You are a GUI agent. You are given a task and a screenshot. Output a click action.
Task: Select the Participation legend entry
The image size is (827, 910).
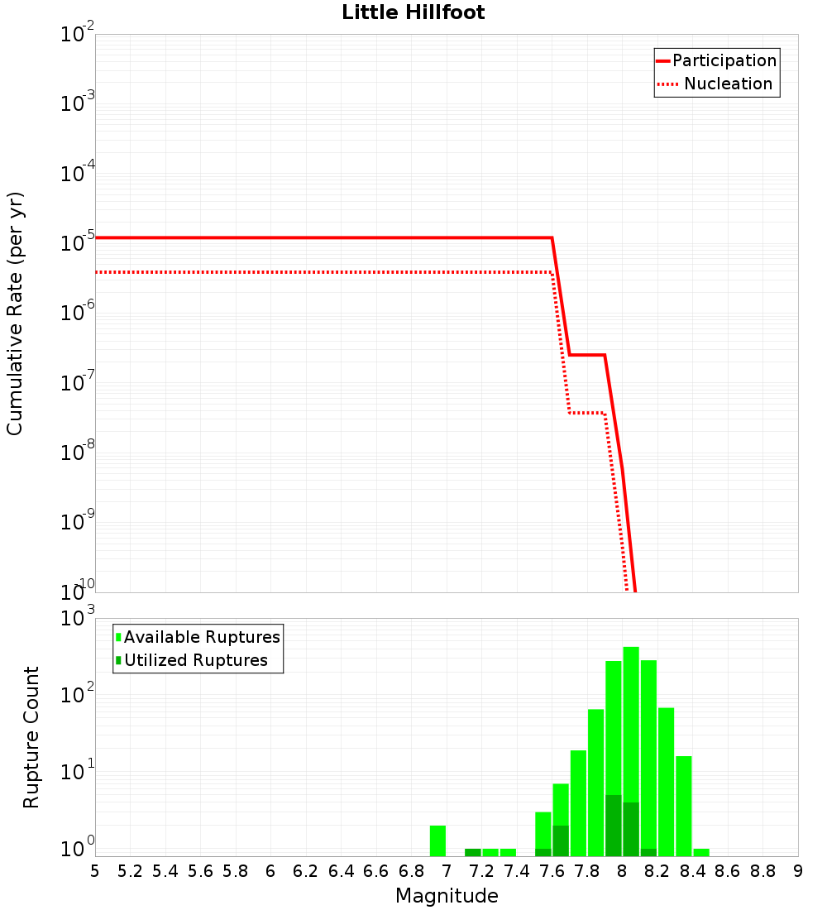pyautogui.click(x=724, y=60)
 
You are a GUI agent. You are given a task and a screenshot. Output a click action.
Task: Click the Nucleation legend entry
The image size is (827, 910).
pyautogui.click(x=727, y=84)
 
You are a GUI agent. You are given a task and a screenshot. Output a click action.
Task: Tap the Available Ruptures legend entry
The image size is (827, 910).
pyautogui.click(x=202, y=637)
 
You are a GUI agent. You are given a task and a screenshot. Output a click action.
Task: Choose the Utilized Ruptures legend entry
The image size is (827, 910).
pyautogui.click(x=195, y=660)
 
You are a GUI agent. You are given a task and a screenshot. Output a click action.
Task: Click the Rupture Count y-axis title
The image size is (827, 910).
pyautogui.click(x=31, y=737)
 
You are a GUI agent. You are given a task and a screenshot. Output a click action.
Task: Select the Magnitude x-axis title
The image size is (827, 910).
pyautogui.click(x=447, y=896)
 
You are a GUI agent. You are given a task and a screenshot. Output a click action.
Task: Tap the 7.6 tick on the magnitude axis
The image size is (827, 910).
pyautogui.click(x=552, y=871)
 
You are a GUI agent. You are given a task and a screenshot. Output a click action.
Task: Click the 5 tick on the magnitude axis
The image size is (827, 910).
pyautogui.click(x=95, y=871)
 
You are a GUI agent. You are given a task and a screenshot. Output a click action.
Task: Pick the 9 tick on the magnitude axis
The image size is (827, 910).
pyautogui.click(x=798, y=871)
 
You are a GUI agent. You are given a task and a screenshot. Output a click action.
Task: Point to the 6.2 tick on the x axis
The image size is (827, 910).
pyautogui.click(x=306, y=871)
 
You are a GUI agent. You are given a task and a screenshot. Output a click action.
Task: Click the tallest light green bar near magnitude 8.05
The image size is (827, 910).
pyautogui.click(x=631, y=745)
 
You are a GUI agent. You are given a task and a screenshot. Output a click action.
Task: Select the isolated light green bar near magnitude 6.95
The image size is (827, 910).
pyautogui.click(x=438, y=841)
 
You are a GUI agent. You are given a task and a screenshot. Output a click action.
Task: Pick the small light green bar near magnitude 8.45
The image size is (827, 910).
pyautogui.click(x=701, y=852)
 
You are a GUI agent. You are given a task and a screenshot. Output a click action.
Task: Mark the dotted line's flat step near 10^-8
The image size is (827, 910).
pyautogui.click(x=587, y=413)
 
